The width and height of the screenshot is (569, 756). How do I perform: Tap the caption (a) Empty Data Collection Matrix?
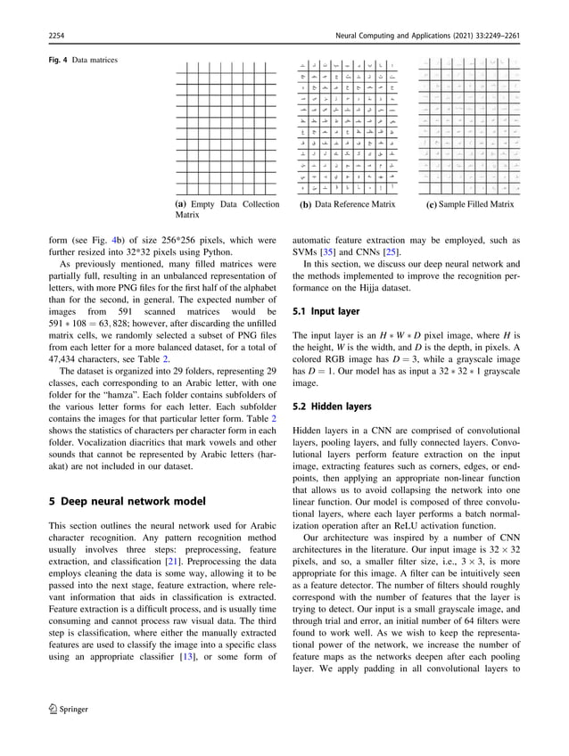pos(227,210)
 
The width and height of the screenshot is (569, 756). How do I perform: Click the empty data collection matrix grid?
pos(227,127)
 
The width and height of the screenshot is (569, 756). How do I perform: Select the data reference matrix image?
pos(348,127)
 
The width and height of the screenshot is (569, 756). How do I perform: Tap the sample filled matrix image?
pos(469,127)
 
